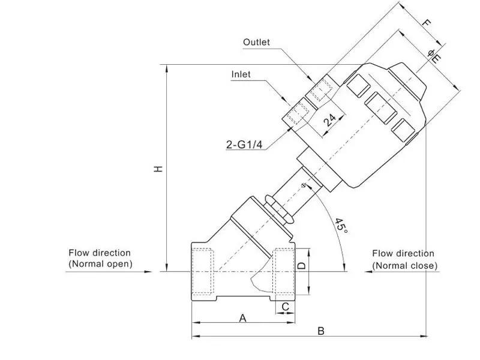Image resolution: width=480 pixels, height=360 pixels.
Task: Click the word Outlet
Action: (257, 42)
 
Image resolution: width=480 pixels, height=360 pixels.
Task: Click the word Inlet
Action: (241, 74)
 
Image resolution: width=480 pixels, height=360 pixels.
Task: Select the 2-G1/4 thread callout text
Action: (244, 145)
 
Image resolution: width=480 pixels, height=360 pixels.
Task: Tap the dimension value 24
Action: (329, 121)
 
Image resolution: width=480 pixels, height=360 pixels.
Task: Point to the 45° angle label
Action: (341, 226)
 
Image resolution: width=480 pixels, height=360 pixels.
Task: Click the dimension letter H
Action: (158, 169)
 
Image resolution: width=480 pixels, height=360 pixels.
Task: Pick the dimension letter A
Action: (243, 318)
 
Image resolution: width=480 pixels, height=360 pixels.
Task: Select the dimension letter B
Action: (321, 331)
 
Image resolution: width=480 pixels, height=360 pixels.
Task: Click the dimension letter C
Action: (286, 307)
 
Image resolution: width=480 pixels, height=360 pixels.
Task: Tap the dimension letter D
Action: (302, 265)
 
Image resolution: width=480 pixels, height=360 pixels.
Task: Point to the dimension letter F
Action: (427, 23)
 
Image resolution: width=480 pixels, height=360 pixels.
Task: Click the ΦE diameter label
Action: (434, 56)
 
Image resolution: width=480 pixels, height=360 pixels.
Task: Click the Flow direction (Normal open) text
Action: (100, 259)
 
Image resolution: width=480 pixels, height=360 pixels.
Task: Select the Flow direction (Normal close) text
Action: (404, 260)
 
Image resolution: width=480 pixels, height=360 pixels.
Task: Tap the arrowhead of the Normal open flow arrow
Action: (148, 272)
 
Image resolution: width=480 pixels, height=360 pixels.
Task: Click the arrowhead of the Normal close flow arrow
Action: (368, 272)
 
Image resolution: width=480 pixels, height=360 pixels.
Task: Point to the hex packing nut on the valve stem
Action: (278, 209)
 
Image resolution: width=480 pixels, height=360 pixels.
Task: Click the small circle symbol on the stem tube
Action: (304, 185)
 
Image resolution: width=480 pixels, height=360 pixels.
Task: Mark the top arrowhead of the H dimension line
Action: (167, 68)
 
